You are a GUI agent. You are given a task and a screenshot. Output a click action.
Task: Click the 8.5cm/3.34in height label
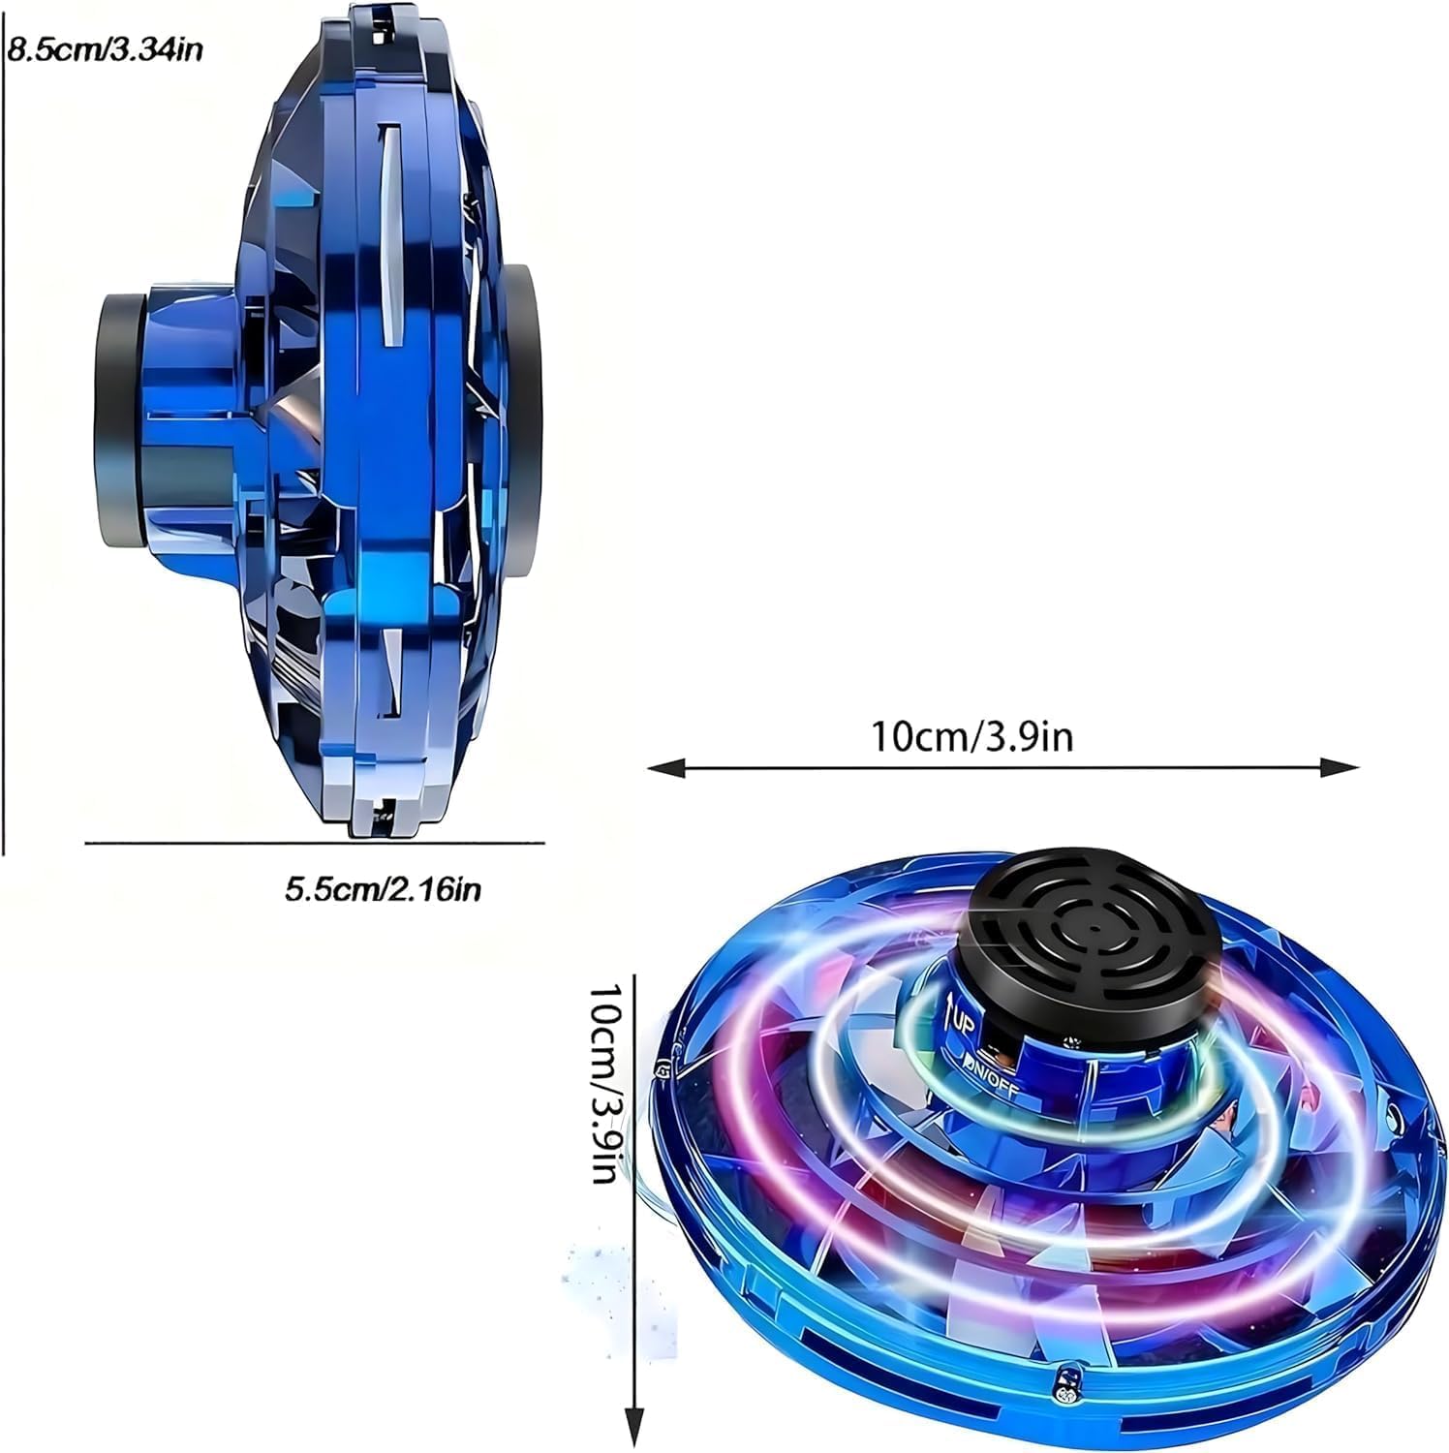click(105, 48)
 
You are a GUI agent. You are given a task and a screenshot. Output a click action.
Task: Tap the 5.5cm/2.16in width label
click(383, 888)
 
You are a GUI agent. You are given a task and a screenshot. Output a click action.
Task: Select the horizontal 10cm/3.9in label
click(971, 736)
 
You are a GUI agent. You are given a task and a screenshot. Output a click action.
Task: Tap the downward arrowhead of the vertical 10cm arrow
click(634, 1429)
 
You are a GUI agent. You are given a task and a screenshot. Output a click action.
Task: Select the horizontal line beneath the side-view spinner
click(315, 843)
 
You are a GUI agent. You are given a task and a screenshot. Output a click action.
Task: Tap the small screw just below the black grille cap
click(1069, 1041)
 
